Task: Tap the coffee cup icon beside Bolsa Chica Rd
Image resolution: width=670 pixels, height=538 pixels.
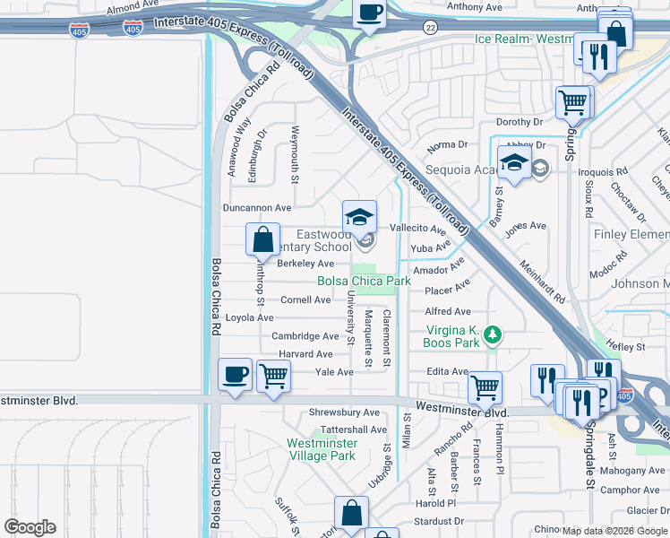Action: (236, 375)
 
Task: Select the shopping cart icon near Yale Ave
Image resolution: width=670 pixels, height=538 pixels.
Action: (273, 377)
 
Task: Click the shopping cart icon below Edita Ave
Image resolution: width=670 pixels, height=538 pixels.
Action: (485, 387)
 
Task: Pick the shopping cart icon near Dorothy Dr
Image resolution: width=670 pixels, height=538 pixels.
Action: (572, 102)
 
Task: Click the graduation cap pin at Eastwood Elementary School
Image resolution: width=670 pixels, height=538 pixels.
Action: (359, 217)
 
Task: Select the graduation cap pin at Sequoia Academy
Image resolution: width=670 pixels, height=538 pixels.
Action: (515, 164)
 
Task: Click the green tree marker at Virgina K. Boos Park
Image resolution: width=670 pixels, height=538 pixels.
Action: (491, 335)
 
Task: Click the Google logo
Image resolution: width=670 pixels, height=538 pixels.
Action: (29, 527)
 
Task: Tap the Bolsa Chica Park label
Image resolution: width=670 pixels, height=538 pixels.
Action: (364, 281)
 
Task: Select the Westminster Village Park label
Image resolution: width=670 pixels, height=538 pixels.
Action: (322, 449)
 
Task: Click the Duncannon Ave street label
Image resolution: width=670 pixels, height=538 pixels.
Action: (258, 207)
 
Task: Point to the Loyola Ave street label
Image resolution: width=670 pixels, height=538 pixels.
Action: (250, 317)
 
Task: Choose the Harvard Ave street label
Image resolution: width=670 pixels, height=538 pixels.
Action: (305, 354)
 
